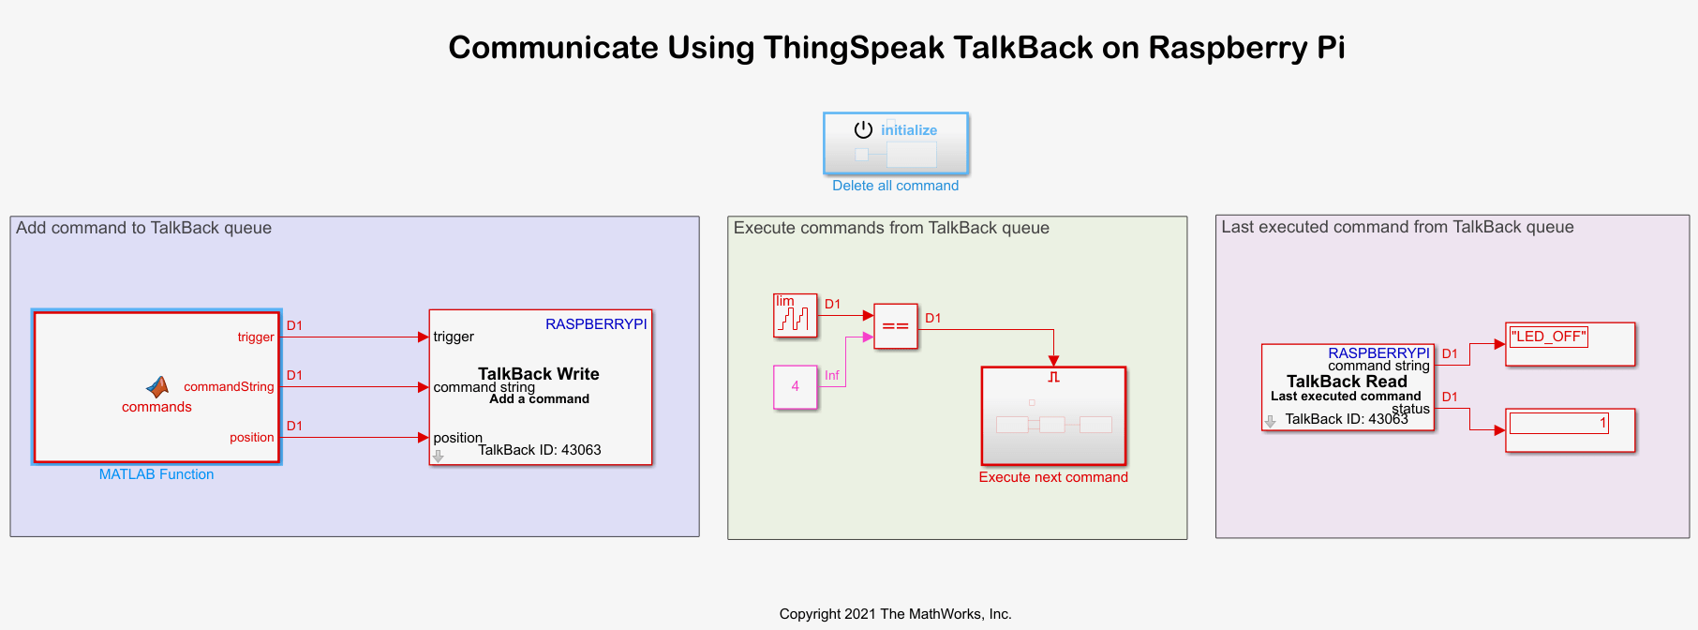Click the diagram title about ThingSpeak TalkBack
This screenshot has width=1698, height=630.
[x=896, y=48]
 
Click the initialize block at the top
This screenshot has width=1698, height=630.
[x=896, y=143]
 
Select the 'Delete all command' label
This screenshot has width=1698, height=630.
[x=896, y=186]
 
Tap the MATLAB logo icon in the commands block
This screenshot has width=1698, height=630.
[x=156, y=386]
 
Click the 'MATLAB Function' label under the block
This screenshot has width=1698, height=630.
[x=156, y=474]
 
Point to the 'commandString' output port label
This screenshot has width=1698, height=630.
[x=229, y=386]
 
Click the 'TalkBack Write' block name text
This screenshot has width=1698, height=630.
[x=539, y=373]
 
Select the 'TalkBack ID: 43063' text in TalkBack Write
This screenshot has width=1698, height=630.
[x=540, y=450]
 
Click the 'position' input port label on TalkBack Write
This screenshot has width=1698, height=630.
[x=457, y=438]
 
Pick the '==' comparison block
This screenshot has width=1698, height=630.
[x=896, y=326]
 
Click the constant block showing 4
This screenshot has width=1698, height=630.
[x=796, y=387]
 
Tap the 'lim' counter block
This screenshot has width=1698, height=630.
[x=796, y=316]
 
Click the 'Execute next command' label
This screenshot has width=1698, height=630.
[x=1053, y=477]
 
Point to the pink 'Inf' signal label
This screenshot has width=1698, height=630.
[x=832, y=375]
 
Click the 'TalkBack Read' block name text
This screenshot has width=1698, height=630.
[x=1347, y=382]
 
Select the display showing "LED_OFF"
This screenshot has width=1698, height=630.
[x=1571, y=344]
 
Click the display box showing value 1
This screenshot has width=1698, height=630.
[x=1571, y=430]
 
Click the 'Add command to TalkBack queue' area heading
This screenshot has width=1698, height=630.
[x=143, y=228]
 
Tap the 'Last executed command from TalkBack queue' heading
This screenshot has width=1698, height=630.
[x=1397, y=227]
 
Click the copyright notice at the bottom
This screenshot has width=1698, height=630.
[x=896, y=614]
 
